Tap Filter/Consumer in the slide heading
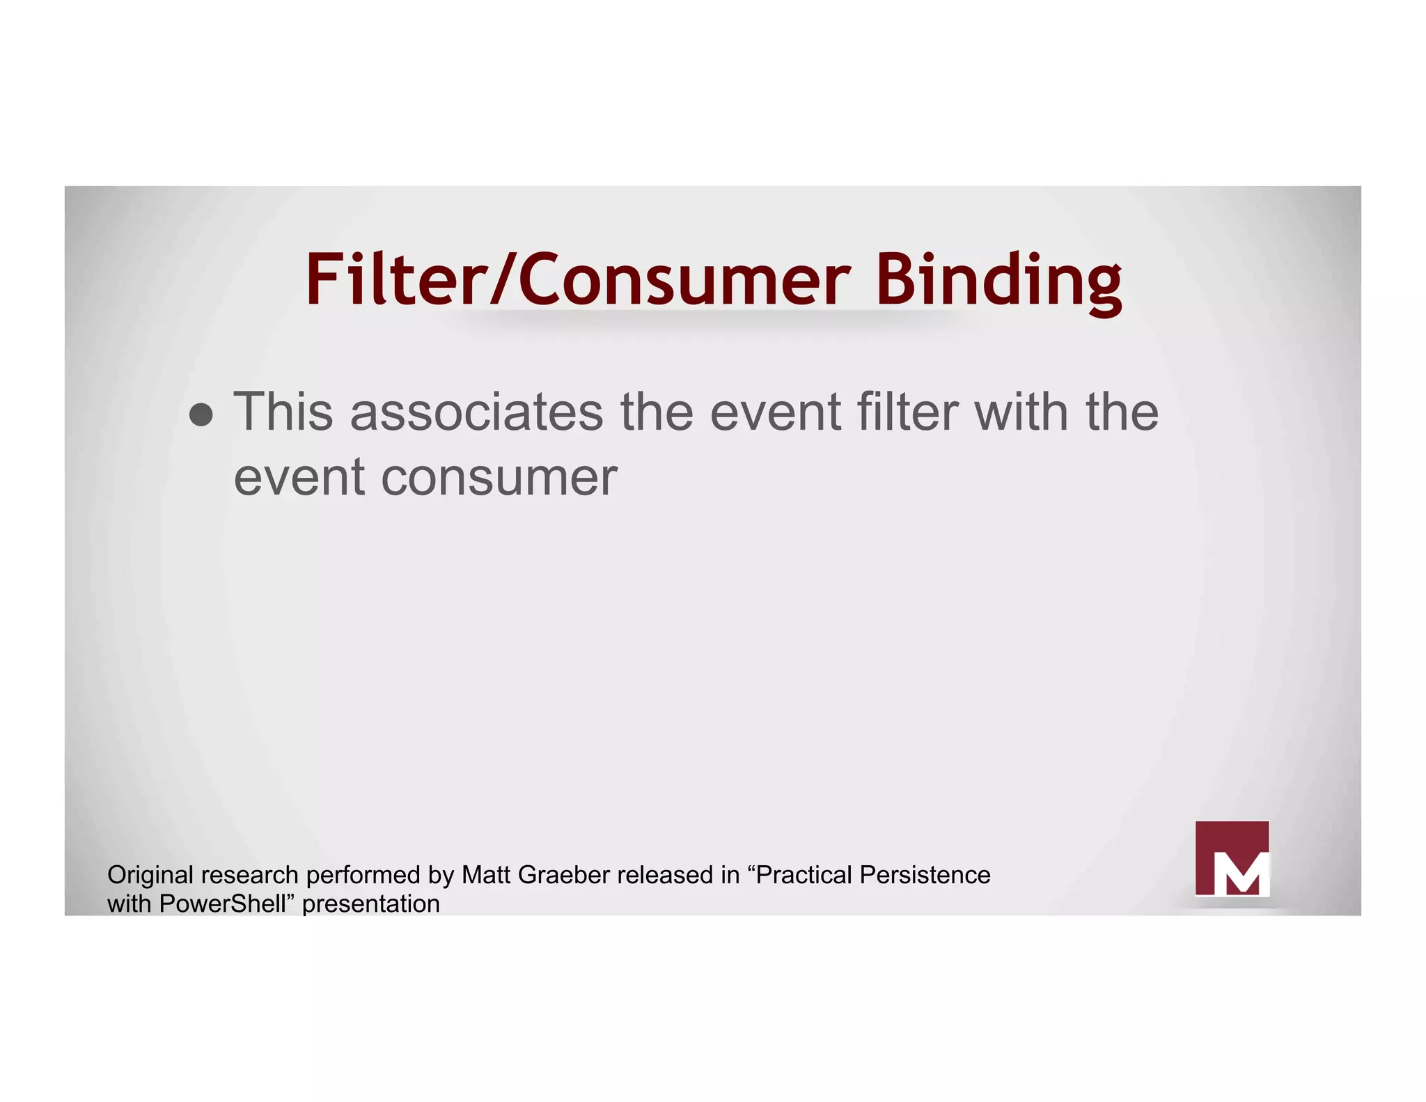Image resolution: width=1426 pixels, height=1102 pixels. click(x=578, y=280)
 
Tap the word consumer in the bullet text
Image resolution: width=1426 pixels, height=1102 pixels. click(x=499, y=478)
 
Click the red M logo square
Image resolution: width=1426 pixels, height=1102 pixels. click(x=1232, y=858)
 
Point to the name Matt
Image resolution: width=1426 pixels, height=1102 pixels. click(x=487, y=875)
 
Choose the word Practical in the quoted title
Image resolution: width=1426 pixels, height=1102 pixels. click(x=804, y=875)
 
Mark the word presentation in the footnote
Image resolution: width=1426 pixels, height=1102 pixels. click(x=371, y=904)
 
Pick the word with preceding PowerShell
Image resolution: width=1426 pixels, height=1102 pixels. click(x=130, y=904)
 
